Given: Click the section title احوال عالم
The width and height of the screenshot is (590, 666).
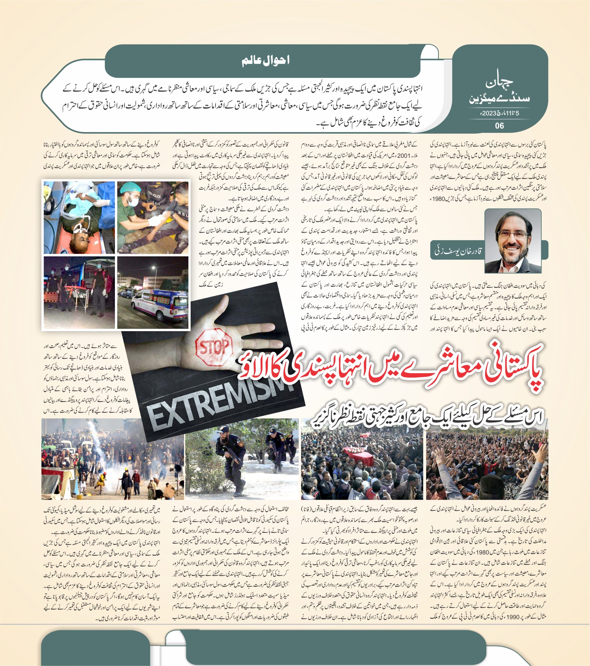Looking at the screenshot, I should point(266,61).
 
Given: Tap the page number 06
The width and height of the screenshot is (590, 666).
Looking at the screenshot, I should point(499,126).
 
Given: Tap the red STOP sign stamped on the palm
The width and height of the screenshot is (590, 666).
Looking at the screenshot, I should point(214,346).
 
